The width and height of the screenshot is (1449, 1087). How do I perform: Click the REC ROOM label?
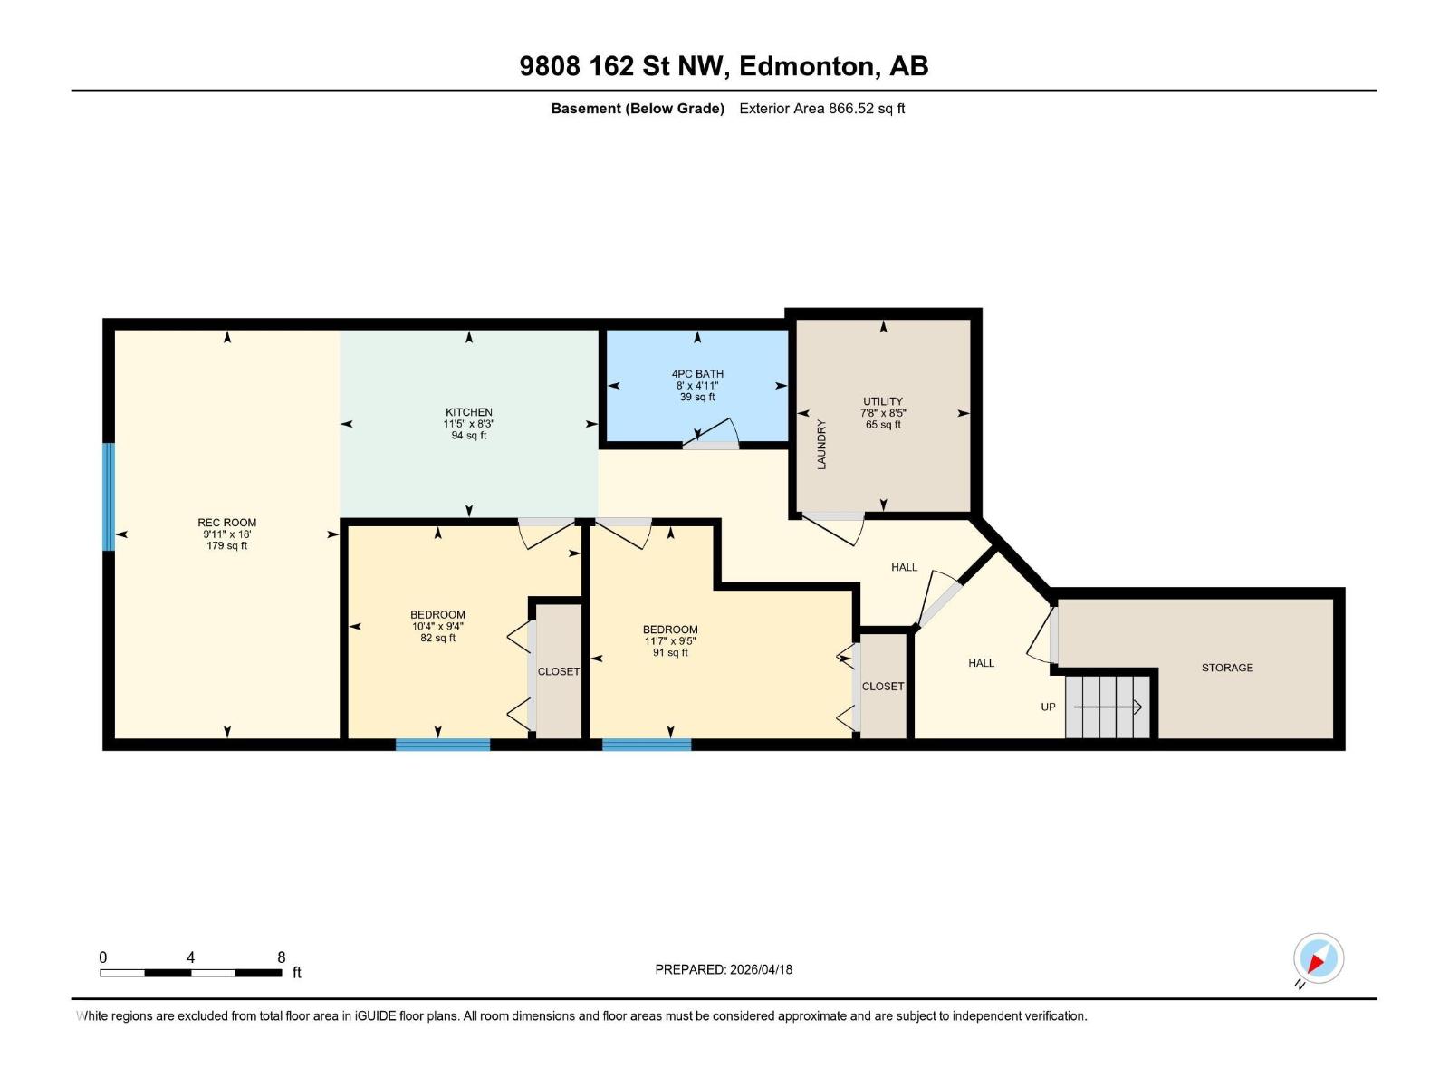[x=226, y=523]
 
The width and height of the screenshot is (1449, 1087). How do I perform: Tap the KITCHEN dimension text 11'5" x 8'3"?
[x=468, y=424]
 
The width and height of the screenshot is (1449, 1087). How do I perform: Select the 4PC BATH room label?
[x=697, y=374]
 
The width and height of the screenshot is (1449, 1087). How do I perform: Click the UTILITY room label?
[x=883, y=401]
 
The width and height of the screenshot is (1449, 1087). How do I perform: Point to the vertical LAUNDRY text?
[x=822, y=444]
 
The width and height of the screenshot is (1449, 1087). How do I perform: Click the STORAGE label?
[x=1227, y=668]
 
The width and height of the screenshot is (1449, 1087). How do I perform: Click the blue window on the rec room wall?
[x=109, y=496]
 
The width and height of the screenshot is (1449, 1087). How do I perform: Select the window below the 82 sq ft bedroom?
[x=443, y=745]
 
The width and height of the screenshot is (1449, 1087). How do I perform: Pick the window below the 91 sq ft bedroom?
[x=647, y=745]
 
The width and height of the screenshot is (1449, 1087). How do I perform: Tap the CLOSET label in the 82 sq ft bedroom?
[x=559, y=671]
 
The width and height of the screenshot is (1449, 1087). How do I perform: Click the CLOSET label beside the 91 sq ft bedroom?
[x=883, y=687]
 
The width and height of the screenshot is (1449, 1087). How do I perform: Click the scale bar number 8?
[x=282, y=957]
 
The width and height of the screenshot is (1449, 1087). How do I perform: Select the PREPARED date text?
[x=724, y=969]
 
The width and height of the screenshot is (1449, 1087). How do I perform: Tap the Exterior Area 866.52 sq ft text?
[x=821, y=109]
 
